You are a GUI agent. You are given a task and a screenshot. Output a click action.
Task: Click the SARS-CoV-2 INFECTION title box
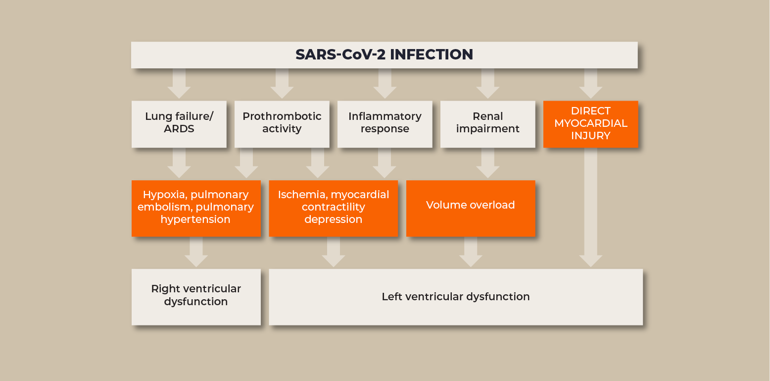[385, 55]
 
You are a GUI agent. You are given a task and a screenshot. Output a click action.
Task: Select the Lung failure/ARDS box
[179, 124]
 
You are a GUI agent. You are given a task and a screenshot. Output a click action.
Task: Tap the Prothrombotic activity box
[282, 124]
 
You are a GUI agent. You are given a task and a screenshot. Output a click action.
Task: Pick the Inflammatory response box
[385, 124]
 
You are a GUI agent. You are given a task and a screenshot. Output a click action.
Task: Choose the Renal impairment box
[488, 124]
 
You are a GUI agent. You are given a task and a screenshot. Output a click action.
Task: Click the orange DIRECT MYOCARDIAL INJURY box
[590, 124]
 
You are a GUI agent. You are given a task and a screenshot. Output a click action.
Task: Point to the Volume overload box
[471, 209]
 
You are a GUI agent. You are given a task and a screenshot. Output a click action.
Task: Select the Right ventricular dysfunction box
[196, 297]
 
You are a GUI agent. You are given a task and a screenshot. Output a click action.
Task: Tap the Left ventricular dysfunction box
[456, 297]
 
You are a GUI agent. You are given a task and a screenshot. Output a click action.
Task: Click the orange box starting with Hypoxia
[196, 209]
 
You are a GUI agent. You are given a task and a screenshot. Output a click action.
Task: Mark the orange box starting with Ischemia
[334, 209]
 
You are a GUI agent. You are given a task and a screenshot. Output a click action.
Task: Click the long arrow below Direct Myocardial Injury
[590, 208]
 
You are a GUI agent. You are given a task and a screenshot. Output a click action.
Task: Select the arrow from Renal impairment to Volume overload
[488, 163]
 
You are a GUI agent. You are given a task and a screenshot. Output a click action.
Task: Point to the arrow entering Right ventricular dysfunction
[196, 252]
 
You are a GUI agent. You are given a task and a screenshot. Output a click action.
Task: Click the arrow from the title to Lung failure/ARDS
[179, 84]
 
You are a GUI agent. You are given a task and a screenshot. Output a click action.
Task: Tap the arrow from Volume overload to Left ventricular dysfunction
[471, 252]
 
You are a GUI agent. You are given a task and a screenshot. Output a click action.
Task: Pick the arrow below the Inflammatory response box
[385, 163]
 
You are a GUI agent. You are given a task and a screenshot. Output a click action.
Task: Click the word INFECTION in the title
[432, 54]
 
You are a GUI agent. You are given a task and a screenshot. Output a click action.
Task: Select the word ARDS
[179, 129]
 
